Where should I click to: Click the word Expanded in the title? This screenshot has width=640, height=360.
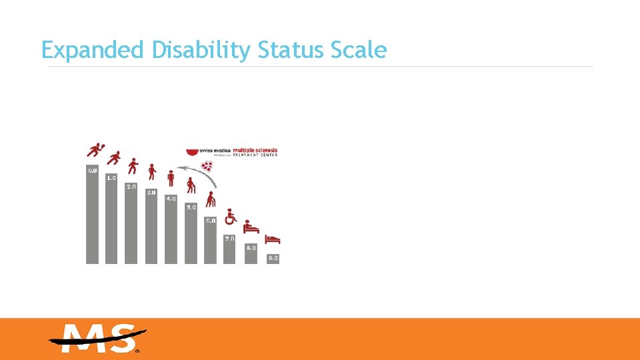92,50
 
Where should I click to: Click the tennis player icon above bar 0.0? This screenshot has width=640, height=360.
95,151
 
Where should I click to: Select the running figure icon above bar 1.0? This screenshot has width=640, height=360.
114,159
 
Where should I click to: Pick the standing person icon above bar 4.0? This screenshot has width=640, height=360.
171,178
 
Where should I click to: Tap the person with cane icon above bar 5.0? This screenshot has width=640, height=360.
191,185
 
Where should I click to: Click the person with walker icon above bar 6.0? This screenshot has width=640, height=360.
211,199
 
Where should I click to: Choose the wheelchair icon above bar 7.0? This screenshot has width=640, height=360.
231,216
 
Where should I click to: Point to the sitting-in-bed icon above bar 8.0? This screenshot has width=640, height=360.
251,227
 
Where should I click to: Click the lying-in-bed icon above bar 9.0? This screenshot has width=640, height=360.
273,239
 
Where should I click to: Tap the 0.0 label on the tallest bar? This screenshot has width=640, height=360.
92,171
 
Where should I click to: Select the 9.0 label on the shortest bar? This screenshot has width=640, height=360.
273,257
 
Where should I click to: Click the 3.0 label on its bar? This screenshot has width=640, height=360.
151,193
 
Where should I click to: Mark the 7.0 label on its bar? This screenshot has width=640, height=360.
230,238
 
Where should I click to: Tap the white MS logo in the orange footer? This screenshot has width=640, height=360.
97,339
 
